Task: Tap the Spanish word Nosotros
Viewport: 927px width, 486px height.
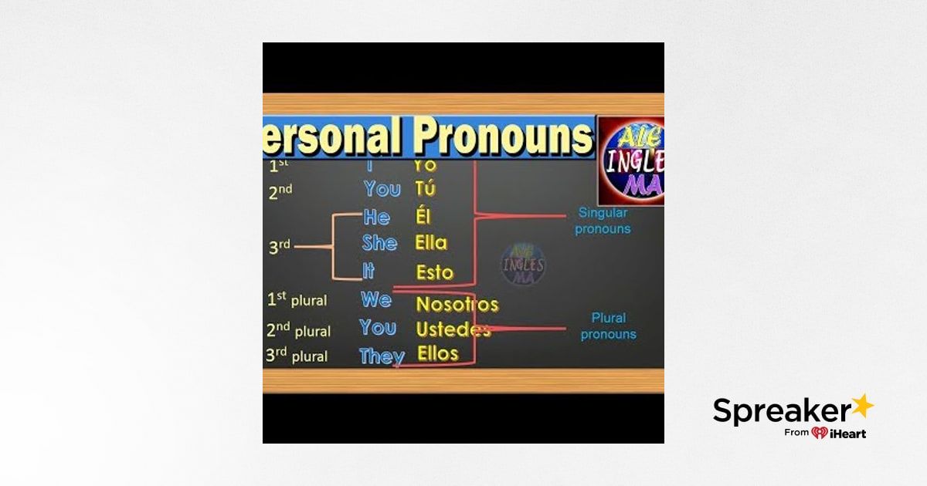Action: (457, 304)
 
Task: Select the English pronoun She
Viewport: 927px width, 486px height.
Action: (379, 243)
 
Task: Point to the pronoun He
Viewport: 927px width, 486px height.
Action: (376, 217)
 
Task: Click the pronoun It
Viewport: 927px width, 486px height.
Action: (369, 271)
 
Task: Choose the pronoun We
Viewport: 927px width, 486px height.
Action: (375, 299)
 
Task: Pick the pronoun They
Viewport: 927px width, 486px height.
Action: (382, 356)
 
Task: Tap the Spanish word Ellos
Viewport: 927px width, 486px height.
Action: (438, 354)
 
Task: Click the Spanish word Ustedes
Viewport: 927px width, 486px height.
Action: (453, 329)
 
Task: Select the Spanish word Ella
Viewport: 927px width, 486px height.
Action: (430, 243)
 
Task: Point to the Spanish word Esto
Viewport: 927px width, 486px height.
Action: (434, 272)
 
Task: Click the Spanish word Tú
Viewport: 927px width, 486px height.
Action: (425, 188)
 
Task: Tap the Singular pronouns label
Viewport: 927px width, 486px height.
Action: (603, 221)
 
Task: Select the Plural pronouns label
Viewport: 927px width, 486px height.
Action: (608, 326)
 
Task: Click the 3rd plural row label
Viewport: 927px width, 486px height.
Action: (297, 356)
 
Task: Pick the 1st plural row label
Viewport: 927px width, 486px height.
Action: (297, 300)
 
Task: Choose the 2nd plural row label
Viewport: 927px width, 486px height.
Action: (298, 330)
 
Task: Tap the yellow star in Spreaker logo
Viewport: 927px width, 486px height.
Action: (861, 404)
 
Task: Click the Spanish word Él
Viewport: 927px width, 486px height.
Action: (423, 217)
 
